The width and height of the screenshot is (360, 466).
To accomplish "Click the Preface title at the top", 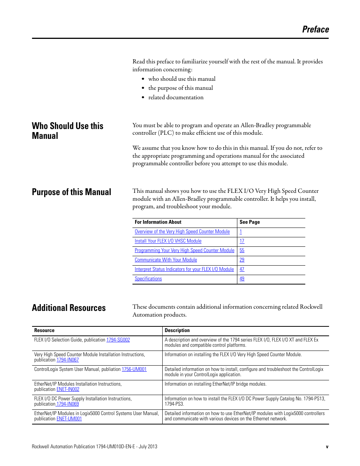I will pyautogui.click(x=315, y=29).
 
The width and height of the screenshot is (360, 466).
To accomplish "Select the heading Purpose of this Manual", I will pyautogui.click(x=71, y=192).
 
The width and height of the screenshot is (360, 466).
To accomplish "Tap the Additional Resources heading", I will pyautogui.click(x=69, y=308).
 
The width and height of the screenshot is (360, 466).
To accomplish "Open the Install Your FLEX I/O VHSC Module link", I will pyautogui.click(x=168, y=241).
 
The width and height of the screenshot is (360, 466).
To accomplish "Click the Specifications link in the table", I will pyautogui.click(x=148, y=279).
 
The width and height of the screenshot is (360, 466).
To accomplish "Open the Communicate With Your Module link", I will pyautogui.click(x=166, y=260).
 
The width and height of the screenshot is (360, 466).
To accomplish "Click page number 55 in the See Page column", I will pyautogui.click(x=242, y=251).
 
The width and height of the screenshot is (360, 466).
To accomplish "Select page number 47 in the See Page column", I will pyautogui.click(x=242, y=269).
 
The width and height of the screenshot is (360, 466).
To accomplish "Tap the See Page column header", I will pyautogui.click(x=249, y=222).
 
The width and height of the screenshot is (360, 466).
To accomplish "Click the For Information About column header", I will pyautogui.click(x=158, y=222).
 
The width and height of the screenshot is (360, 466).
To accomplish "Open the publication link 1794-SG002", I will pyautogui.click(x=118, y=340).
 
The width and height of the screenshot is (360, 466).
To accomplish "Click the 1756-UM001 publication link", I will pyautogui.click(x=134, y=369).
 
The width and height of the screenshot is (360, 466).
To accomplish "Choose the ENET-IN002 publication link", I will pyautogui.click(x=68, y=389).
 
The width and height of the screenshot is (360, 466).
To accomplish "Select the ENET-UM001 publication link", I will pyautogui.click(x=69, y=419).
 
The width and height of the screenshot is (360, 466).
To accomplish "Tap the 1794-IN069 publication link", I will pyautogui.click(x=68, y=404).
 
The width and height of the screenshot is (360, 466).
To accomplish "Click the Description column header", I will pyautogui.click(x=177, y=331).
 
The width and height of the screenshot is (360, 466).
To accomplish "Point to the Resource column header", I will pyautogui.click(x=44, y=331).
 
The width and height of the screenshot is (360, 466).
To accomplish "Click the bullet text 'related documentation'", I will pyautogui.click(x=176, y=97).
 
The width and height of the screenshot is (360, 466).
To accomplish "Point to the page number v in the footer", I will pyautogui.click(x=327, y=447).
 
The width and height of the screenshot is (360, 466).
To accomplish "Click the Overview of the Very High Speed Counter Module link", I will pyautogui.click(x=182, y=232).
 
